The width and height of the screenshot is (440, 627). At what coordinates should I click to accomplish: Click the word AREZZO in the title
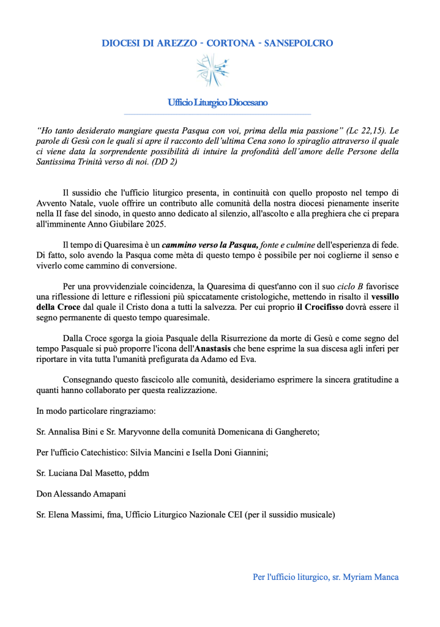(x=163, y=43)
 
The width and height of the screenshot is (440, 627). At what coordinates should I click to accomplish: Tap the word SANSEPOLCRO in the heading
(x=299, y=43)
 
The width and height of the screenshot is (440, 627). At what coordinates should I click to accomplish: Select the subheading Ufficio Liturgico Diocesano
(x=217, y=103)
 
